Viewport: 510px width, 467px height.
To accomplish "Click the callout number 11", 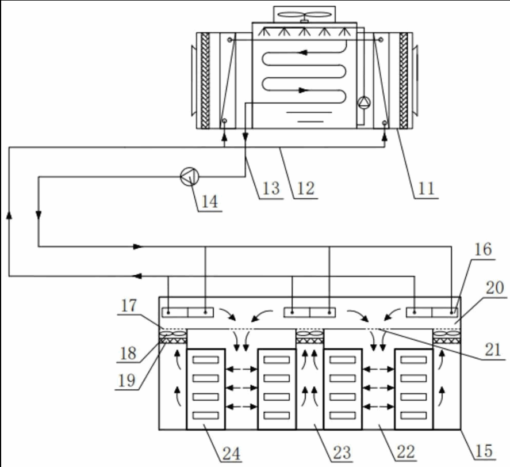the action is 426,188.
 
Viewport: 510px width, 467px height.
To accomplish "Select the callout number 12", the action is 306,188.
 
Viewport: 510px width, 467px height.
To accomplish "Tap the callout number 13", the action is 271,188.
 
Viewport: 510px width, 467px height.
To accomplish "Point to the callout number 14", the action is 210,202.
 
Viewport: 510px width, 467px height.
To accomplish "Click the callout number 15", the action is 484,451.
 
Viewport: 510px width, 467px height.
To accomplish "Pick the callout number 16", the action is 483,249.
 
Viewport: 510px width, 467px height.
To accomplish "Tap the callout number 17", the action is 129,305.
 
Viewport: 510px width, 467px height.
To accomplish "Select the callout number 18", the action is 128,353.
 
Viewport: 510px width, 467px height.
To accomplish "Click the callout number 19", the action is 126,380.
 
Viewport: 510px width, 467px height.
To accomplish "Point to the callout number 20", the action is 494,287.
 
